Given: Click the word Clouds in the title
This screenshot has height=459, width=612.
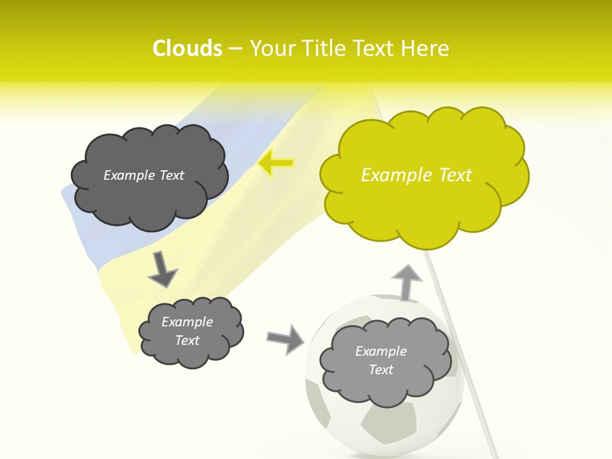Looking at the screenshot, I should pos(187,48).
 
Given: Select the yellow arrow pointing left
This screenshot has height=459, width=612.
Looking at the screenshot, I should pos(276,163).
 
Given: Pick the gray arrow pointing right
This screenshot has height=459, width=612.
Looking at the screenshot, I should pos(285,339).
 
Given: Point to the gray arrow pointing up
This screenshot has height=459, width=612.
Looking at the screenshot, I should pos(406,282).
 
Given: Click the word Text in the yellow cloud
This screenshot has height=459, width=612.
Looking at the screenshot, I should pos(455,175).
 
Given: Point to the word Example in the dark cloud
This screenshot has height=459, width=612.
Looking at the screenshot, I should pos(128,175).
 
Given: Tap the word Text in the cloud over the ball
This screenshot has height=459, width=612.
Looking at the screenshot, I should pos(381,370).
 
